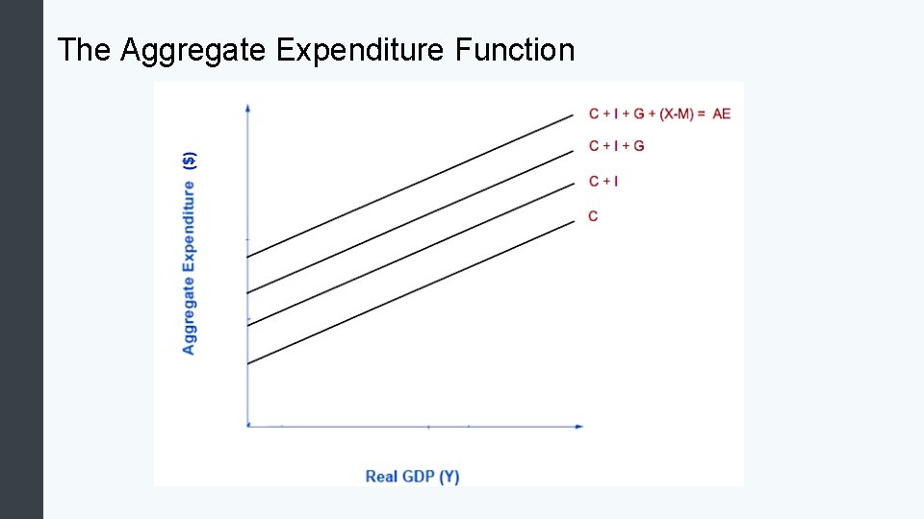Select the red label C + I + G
[x=616, y=146]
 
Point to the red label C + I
[x=603, y=181]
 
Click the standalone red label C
[x=593, y=216]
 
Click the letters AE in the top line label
[x=721, y=113]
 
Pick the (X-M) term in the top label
[x=680, y=113]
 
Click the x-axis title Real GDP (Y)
[x=412, y=476]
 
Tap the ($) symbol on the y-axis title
[x=190, y=160]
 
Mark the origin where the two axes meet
[x=248, y=425]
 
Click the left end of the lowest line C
[x=248, y=364]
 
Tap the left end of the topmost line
[x=248, y=257]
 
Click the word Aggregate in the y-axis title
[x=190, y=314]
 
